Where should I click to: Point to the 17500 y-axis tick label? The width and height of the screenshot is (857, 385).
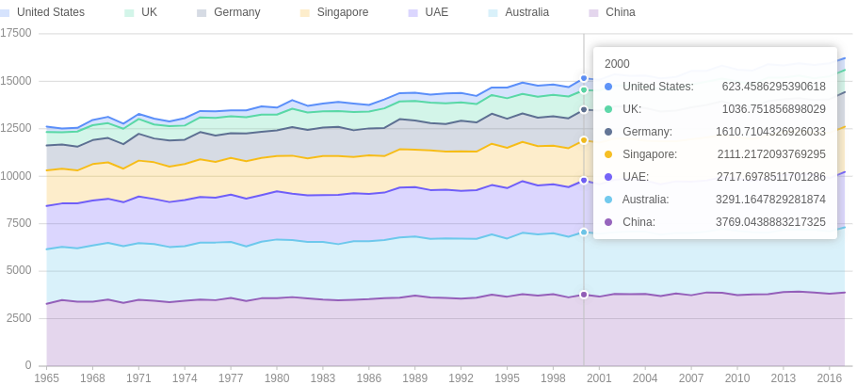pos(16,33)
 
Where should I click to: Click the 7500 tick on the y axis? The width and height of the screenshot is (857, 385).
pos(19,223)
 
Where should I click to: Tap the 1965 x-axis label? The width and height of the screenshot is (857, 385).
pos(47,377)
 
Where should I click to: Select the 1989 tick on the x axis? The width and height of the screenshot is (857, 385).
pos(415,377)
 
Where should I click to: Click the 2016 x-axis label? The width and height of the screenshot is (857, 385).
pos(830,377)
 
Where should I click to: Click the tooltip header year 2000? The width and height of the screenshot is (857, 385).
pos(617,64)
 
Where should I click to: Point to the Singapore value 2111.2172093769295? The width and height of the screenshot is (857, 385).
pos(771,154)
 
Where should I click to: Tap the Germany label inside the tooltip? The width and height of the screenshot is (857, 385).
pos(647,132)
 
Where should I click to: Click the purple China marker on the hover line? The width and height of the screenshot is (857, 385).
pos(584,295)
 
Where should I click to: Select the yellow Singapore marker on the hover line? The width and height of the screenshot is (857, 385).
pos(584,140)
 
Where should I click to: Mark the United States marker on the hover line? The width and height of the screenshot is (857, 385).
pos(584,78)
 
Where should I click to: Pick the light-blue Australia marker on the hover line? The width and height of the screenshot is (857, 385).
pos(584,233)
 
